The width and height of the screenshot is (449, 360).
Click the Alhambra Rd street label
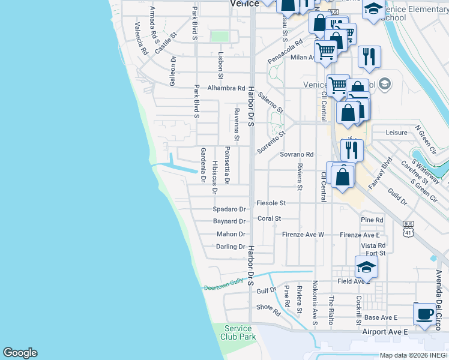(x=227, y=88)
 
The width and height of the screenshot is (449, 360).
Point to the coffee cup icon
(x=425, y=314)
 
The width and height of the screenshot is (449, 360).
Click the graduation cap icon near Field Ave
(x=366, y=266)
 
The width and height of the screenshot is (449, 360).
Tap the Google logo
(x=20, y=353)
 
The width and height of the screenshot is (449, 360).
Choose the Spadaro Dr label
(x=230, y=209)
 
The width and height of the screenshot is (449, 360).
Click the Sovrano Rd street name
(x=297, y=154)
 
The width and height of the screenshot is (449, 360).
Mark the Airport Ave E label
(x=385, y=331)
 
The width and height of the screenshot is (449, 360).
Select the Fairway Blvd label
(x=380, y=173)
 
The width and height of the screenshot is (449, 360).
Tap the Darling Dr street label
(x=231, y=247)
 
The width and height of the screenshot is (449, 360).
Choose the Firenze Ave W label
(x=303, y=235)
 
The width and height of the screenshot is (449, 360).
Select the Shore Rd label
(x=268, y=309)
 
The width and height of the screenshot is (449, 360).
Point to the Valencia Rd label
(x=141, y=39)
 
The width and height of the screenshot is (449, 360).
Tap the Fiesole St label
(x=271, y=203)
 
